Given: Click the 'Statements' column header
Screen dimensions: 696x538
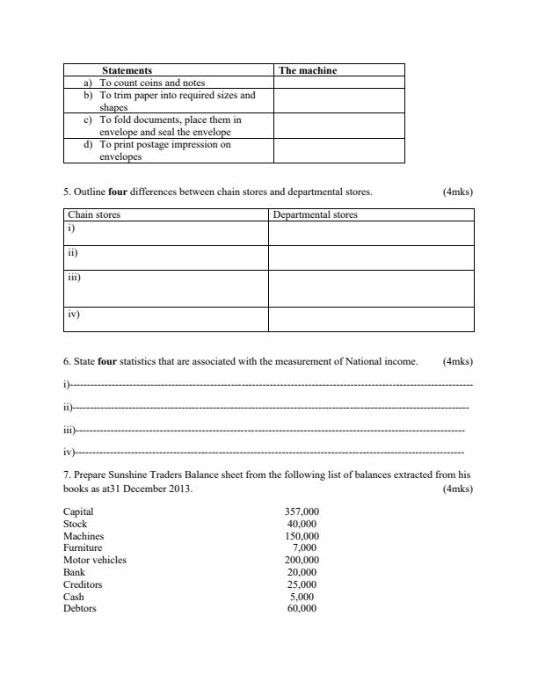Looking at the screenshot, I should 127,70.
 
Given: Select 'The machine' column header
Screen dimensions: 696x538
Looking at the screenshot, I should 307,70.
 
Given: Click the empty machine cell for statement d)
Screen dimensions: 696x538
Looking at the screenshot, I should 338,150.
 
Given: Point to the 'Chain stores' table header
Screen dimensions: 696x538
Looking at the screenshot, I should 94,214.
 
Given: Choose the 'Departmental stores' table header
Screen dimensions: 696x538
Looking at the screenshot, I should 316,214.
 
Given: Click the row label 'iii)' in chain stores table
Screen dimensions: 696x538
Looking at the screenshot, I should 75,277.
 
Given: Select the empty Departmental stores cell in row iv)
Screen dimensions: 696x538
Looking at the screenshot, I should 370,318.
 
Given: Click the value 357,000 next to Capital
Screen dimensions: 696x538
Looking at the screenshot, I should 302,511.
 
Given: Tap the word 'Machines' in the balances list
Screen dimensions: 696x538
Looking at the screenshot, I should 84,536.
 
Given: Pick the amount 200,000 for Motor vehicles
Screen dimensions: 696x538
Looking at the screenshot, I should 302,560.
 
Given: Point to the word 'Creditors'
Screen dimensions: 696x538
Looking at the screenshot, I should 83,584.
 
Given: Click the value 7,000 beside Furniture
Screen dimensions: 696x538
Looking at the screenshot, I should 304,547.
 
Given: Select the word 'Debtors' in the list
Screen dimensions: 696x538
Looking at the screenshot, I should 80,608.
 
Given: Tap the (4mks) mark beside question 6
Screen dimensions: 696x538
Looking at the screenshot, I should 458,361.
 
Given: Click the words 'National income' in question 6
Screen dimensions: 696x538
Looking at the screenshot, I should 383,361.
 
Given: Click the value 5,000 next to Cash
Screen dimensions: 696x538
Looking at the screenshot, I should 304,596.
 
